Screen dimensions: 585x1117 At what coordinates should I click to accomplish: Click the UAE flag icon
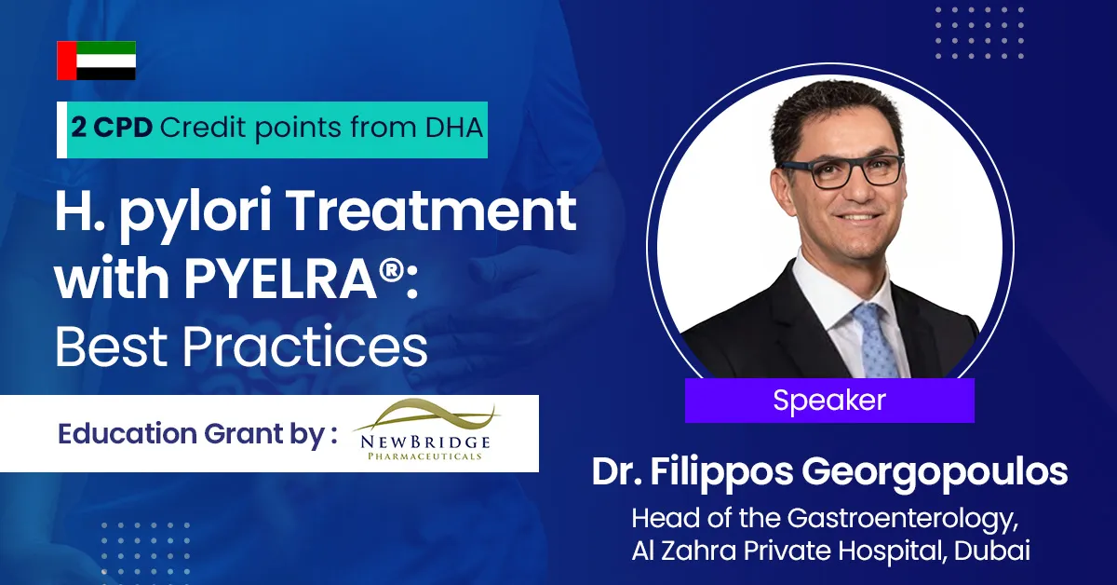point(97,61)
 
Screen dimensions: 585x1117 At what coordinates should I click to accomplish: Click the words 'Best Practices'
point(241,346)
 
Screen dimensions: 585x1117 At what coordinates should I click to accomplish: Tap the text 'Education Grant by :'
point(196,434)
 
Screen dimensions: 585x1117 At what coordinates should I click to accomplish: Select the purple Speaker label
point(828,401)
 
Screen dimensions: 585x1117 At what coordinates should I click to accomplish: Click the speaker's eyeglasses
point(841,171)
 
